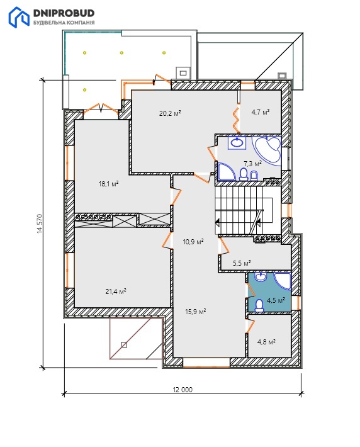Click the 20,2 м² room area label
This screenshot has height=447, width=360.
pos(170,113)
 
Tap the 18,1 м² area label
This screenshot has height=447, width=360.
pos(108,184)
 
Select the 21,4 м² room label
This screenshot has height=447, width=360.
pos(116,291)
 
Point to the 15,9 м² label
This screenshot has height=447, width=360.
pos(196,312)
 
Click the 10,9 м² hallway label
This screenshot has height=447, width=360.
pos(193,242)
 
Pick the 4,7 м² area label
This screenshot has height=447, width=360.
pos(260,112)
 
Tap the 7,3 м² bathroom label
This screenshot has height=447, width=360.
pos(252,164)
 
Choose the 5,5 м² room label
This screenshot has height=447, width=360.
pos(242,263)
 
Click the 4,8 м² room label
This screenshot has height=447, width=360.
pos(266,341)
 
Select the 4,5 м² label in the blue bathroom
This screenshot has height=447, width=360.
pos(276,300)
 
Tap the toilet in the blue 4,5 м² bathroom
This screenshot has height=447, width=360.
pos(259,305)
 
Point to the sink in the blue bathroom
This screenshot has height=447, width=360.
pos(260,276)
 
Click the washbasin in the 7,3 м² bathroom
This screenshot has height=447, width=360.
pos(237,142)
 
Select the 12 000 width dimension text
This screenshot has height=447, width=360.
pos(183,390)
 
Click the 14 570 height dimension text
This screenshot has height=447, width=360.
pos(40,224)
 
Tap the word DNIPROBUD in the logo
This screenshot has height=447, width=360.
pos(64,13)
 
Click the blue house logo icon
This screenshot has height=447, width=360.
pos(19,18)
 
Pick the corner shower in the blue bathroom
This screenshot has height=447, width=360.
pos(283,281)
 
